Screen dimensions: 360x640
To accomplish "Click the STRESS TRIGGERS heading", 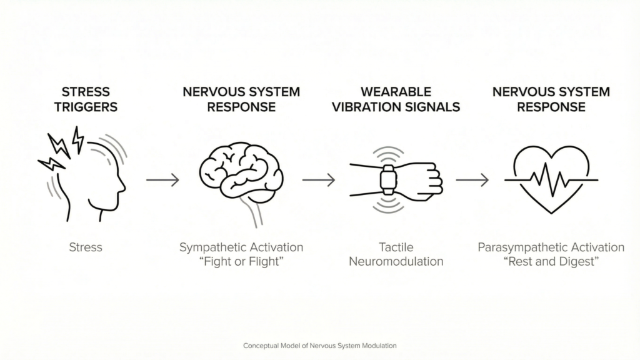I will pos(86,99).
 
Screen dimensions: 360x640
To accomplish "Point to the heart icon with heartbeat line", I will pos(551,178).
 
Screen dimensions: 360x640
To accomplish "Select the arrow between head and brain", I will pos(162,180).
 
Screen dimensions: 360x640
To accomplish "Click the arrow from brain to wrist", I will pos(318,180).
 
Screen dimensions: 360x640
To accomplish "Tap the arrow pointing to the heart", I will pos(472,180).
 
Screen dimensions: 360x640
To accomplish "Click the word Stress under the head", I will pos(86,247).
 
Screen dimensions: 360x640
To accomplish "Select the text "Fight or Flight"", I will pos(241,261).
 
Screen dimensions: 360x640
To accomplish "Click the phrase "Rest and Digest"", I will pos(551,261).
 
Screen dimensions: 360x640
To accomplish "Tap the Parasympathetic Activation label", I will pos(551,247).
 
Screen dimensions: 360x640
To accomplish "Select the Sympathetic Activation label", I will pos(241,247).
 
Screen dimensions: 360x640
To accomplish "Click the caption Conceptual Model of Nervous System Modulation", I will pos(319,345).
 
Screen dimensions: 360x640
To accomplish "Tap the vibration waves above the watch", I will pos(388,154).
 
